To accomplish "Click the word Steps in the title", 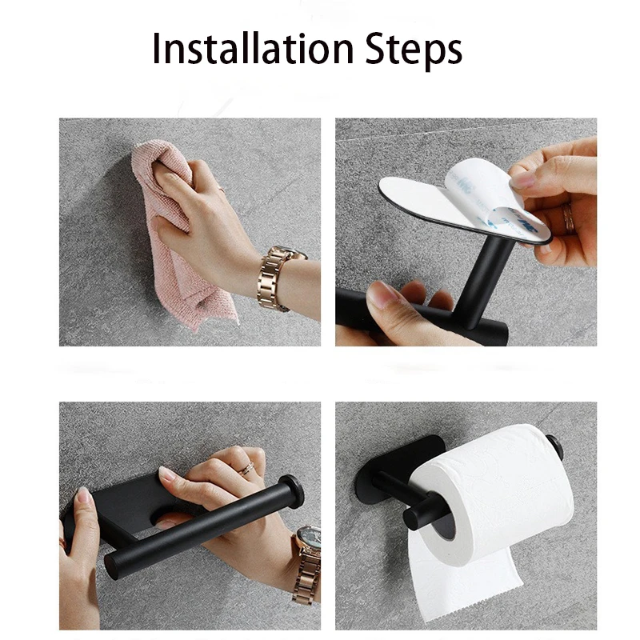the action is [414, 50].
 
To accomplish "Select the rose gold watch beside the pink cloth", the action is [278, 277].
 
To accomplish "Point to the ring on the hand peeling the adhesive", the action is [567, 218].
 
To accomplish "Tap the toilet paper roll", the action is [496, 494].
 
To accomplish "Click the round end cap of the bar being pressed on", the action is [292, 491].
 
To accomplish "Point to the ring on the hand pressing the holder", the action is [246, 468].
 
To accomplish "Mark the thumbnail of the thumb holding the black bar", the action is [380, 295].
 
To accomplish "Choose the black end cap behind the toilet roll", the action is [554, 446].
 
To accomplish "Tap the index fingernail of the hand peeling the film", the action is [523, 178].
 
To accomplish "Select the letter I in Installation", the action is [155, 48].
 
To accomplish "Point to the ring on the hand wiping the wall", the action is [221, 188].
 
